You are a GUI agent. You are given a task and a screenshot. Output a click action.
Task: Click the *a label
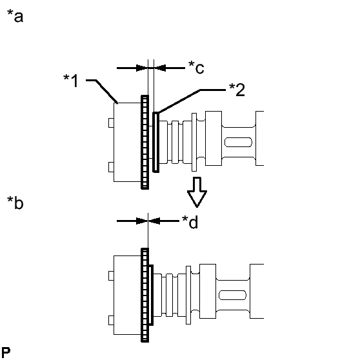point(15,16)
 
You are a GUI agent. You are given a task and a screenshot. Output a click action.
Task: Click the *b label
point(15,203)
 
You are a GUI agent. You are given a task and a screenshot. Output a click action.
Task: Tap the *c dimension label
point(196,67)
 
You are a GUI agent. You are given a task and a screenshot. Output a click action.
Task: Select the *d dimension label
point(190,222)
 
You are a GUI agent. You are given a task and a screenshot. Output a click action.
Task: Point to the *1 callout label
point(71,81)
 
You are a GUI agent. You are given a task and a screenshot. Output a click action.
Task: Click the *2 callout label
point(237,89)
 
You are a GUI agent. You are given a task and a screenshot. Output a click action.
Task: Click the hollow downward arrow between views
point(197,192)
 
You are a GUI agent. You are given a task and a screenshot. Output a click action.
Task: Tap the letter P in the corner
point(6,353)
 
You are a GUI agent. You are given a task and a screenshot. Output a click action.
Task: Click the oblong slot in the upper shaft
point(238,142)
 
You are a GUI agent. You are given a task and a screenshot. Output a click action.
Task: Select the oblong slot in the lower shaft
point(232,295)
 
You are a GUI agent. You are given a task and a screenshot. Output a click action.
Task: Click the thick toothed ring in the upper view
point(145,142)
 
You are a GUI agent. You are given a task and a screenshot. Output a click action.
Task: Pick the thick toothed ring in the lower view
point(145,295)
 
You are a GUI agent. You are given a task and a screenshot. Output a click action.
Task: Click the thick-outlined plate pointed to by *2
point(156,142)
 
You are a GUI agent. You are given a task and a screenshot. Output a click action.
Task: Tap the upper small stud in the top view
point(111,123)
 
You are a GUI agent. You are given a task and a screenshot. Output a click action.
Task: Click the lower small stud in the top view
point(111,167)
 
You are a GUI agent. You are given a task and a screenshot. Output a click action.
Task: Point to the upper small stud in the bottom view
point(111,275)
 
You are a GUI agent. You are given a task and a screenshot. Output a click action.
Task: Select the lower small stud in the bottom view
point(111,320)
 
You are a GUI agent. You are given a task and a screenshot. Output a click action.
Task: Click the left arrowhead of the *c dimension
point(142,68)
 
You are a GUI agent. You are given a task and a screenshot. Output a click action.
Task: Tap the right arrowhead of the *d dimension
point(154,221)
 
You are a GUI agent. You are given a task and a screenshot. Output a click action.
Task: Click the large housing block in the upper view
point(128,142)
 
